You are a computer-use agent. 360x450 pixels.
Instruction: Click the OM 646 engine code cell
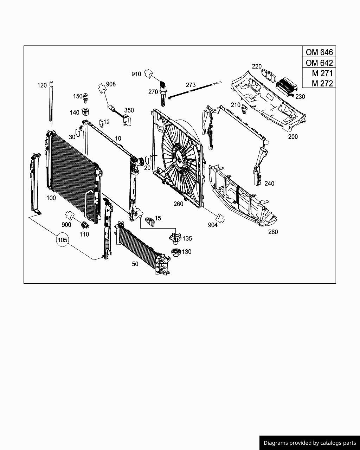(319, 52)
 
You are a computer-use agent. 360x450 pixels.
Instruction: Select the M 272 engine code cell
(319, 83)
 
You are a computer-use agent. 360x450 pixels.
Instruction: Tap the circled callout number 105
(62, 240)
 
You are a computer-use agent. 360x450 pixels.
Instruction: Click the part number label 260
(178, 204)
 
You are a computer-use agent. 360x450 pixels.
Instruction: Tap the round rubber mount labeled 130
(175, 252)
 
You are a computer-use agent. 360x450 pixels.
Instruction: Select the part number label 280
(273, 232)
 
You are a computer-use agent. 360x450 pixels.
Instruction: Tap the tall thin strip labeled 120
(52, 102)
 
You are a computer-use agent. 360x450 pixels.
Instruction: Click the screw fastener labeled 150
(86, 97)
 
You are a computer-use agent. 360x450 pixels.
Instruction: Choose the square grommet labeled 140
(85, 112)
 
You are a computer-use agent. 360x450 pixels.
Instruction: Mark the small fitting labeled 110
(84, 225)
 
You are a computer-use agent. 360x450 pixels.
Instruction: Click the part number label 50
(135, 264)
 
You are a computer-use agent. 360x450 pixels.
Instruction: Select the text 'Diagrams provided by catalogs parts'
(310, 443)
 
